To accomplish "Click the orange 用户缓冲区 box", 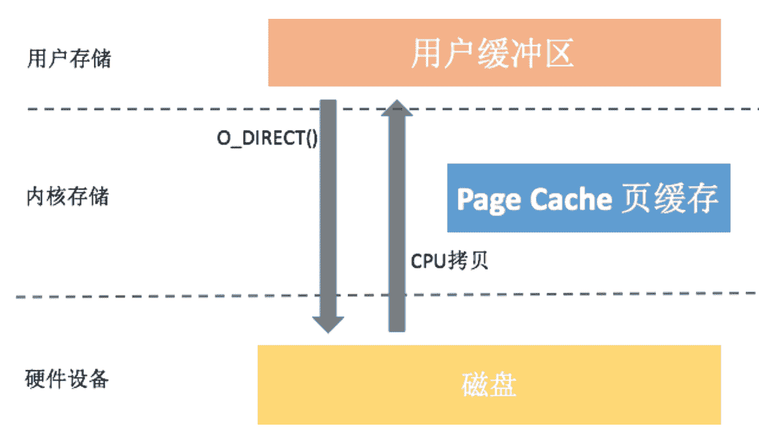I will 494,53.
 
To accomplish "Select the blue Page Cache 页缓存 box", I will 588,198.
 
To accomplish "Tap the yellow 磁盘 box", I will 489,384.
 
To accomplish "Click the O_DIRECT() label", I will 267,138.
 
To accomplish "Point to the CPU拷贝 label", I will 449,261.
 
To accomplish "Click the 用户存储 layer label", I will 69,59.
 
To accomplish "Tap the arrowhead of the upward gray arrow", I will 396,109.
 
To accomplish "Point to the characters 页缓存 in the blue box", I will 672,199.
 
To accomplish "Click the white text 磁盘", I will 489,385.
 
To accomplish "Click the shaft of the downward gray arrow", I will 328,207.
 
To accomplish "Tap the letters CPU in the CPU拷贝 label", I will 425,261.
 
